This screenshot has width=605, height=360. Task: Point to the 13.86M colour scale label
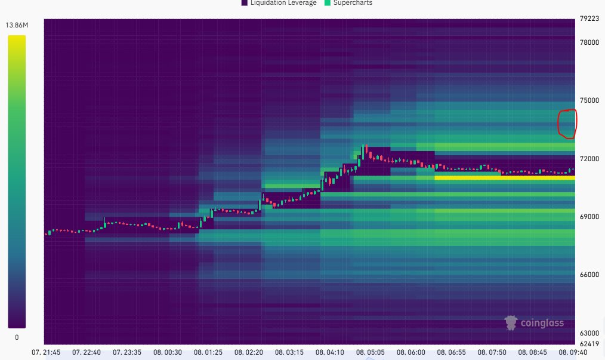pos(17,25)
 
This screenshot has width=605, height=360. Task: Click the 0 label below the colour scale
pos(17,337)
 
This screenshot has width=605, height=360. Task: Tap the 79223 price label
pos(589,19)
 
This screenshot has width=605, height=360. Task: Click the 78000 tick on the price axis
pos(589,42)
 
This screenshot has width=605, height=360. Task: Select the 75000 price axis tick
pos(589,100)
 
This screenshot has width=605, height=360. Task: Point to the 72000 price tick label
pos(589,159)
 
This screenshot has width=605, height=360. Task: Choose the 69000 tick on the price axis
pos(589,217)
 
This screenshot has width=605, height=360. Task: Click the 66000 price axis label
pos(589,275)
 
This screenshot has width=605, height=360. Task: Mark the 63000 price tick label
pos(589,333)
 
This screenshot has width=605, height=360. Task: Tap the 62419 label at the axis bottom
pos(589,344)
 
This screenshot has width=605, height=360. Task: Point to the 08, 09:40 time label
pos(573,352)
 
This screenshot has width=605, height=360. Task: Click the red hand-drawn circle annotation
pos(566,123)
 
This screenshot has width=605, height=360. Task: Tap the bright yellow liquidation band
pos(504,177)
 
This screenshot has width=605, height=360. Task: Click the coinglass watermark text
pos(541,323)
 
